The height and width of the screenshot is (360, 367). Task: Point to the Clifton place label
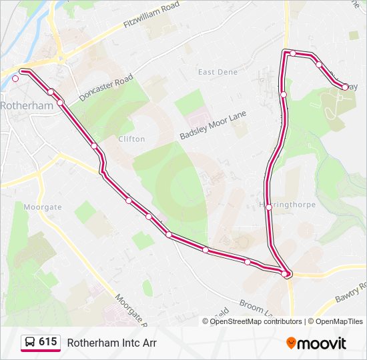[x=131, y=139]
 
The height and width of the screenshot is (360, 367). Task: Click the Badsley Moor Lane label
[x=212, y=125]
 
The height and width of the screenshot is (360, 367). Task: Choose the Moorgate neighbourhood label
[x=43, y=207]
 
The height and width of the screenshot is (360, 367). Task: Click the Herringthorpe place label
[x=288, y=205]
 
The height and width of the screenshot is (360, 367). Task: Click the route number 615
[x=47, y=342]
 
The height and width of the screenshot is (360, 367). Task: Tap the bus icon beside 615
[x=30, y=343]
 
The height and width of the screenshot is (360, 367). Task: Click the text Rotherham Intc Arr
[x=111, y=343]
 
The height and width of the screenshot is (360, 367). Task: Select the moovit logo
[x=316, y=343]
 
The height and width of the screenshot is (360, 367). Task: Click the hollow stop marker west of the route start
[x=15, y=78]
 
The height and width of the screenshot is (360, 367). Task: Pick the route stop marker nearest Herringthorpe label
[x=269, y=207]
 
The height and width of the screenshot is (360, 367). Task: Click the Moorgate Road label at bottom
[x=129, y=310]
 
